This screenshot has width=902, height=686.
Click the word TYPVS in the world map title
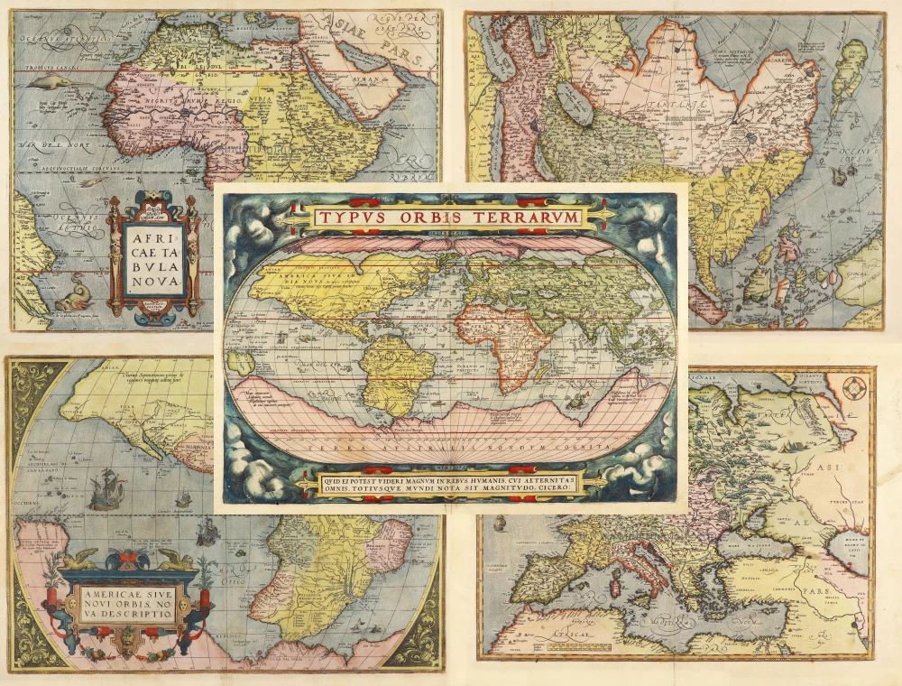coord(349,217)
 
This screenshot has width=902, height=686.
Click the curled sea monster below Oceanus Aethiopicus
coord(72,297)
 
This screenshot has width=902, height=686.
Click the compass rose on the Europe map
coord(855,389)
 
